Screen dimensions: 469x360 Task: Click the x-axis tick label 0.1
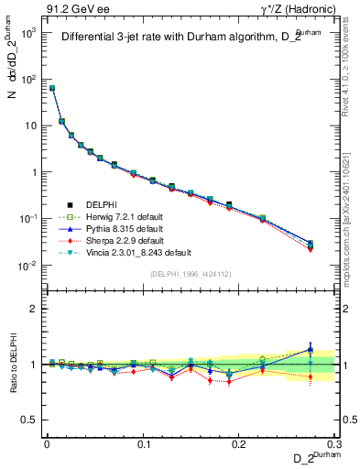(x=143, y=442)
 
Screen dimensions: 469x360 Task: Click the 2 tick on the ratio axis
(x=35, y=309)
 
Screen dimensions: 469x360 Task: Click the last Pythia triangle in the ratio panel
(x=310, y=349)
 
